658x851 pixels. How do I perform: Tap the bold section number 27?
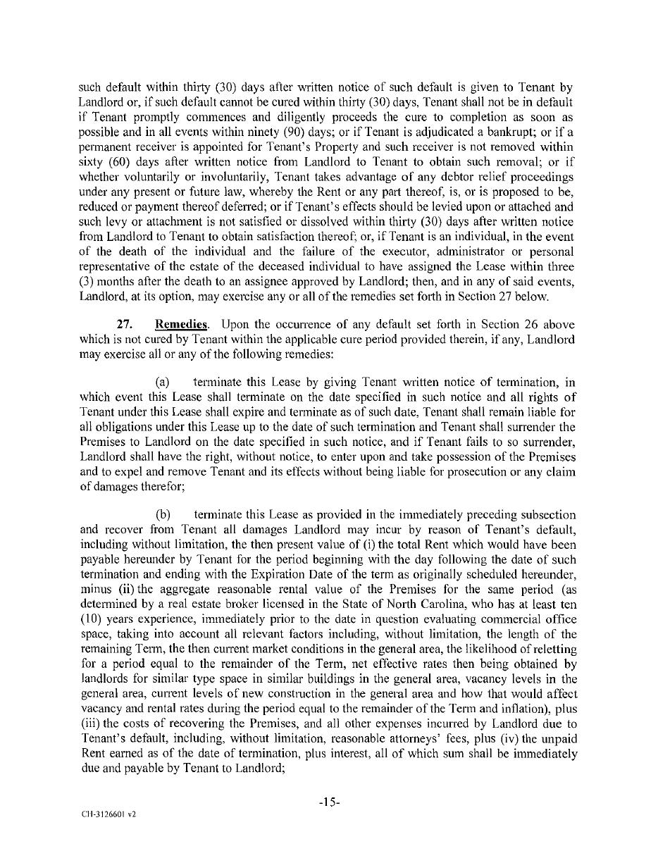tap(125, 325)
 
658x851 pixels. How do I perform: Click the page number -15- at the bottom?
tap(329, 802)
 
